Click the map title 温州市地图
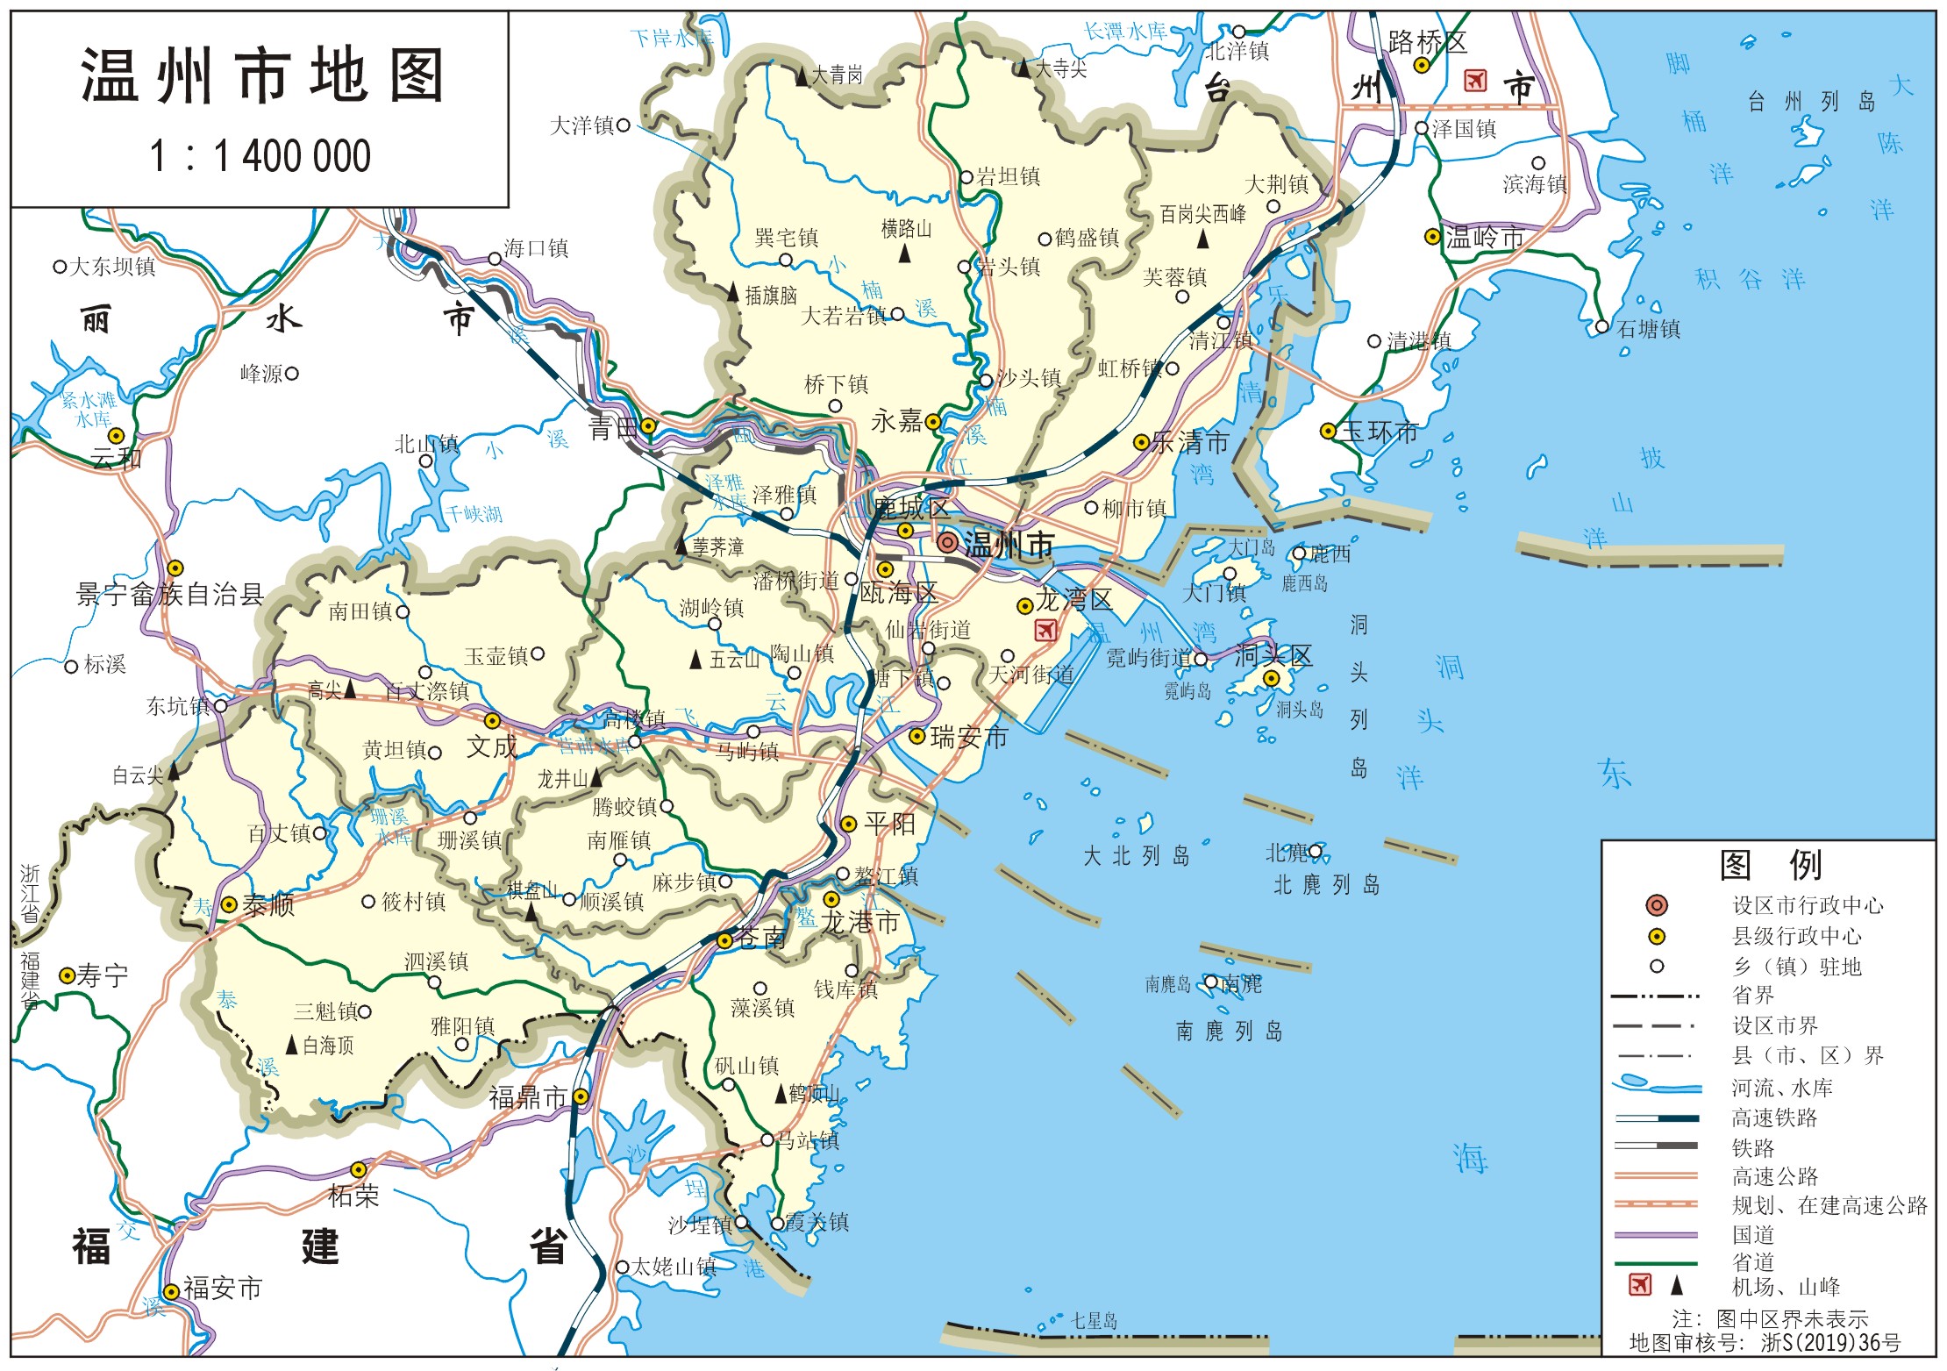261,76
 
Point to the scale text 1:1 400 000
260,157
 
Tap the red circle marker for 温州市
946,543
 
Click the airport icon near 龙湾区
1045,630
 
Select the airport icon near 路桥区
1475,81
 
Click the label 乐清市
1190,442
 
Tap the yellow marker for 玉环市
1328,431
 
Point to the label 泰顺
268,905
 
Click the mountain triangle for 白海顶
292,1046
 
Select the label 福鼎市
528,1097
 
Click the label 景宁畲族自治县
170,596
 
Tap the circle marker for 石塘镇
1601,327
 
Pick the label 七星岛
1094,1321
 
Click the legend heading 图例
1769,866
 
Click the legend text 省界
1752,996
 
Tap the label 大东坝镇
112,267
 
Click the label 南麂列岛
1229,1032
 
